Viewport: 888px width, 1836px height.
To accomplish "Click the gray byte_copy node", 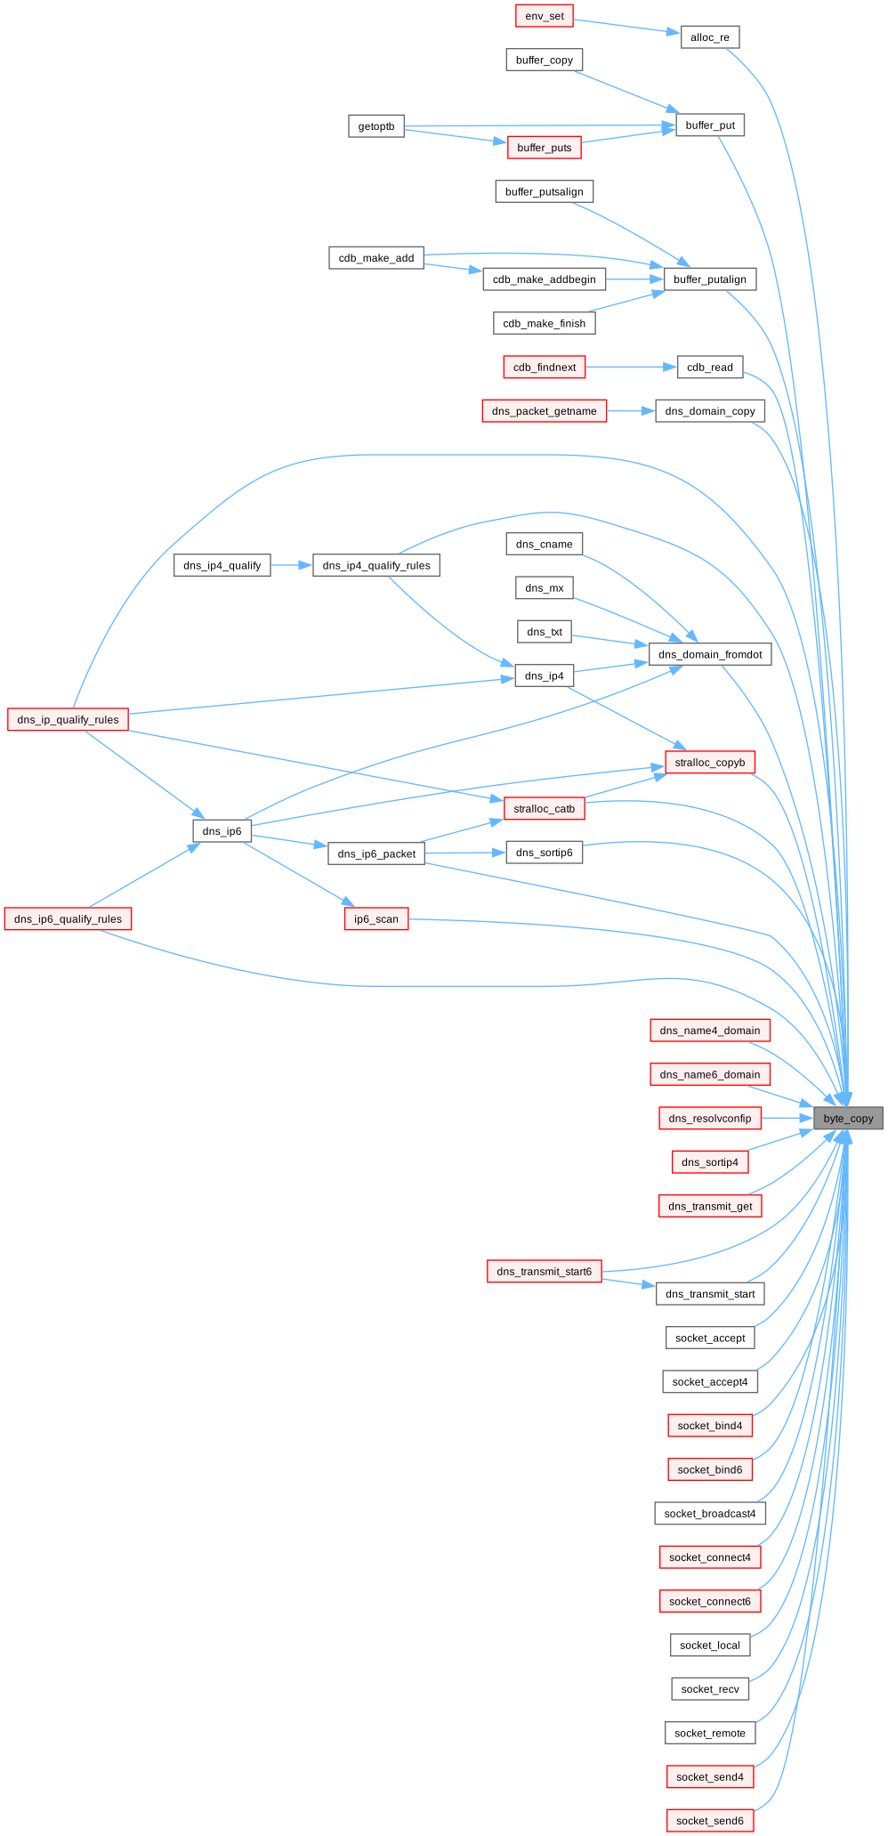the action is click(x=848, y=1118).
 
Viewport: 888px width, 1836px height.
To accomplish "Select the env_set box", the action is click(x=545, y=16).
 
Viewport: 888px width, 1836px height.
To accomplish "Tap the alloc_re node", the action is click(x=710, y=37).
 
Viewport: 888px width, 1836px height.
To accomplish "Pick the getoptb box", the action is click(x=376, y=126).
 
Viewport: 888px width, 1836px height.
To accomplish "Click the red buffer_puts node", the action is click(x=545, y=148).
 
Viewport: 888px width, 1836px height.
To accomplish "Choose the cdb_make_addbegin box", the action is click(x=545, y=279).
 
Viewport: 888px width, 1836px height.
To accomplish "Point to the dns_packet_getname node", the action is click(x=545, y=411).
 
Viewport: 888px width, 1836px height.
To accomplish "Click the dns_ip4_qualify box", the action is click(x=222, y=565).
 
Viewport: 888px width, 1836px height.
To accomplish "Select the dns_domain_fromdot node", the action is click(x=710, y=654).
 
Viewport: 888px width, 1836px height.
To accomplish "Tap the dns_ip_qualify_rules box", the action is click(x=69, y=719).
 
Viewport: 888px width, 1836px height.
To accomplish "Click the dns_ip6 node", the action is click(x=222, y=831).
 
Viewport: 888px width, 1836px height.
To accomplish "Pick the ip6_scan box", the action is click(x=376, y=919).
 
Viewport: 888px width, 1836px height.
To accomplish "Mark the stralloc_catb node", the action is click(x=545, y=809).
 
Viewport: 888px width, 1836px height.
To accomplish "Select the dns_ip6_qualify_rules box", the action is click(x=69, y=919).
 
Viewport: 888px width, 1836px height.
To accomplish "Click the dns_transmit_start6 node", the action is click(x=545, y=1271).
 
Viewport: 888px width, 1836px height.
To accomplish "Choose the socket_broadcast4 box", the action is click(x=710, y=1513).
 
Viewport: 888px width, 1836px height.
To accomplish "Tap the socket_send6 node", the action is click(x=710, y=1821).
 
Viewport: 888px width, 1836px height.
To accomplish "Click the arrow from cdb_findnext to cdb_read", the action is click(x=631, y=367).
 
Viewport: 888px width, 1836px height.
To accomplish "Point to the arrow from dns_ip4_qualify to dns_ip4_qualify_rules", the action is click(x=292, y=565).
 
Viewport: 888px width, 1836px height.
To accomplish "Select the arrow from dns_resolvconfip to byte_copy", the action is click(x=787, y=1118).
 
